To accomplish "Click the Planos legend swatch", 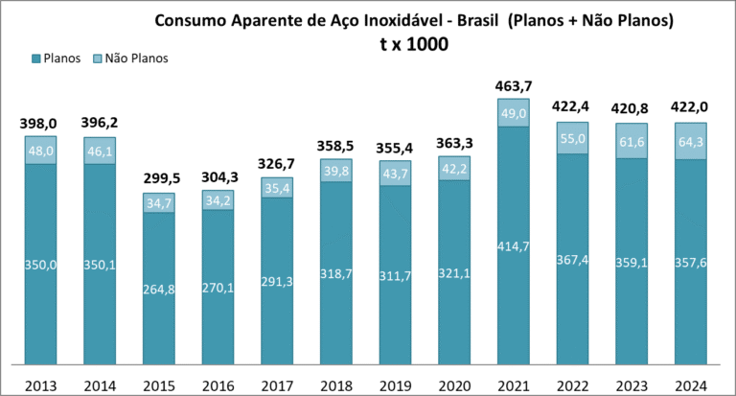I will click(x=35, y=58).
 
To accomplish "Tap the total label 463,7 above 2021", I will click(x=515, y=86).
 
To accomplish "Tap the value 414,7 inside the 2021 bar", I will click(x=513, y=247).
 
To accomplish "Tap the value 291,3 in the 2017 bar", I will click(x=277, y=282).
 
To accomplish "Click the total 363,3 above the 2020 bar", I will click(x=454, y=145).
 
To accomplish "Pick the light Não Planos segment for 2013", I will click(x=41, y=151).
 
